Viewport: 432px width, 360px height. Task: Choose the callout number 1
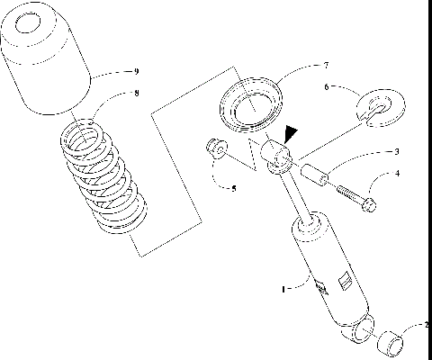coord(283,290)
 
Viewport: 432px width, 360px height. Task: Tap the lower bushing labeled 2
coord(391,342)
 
